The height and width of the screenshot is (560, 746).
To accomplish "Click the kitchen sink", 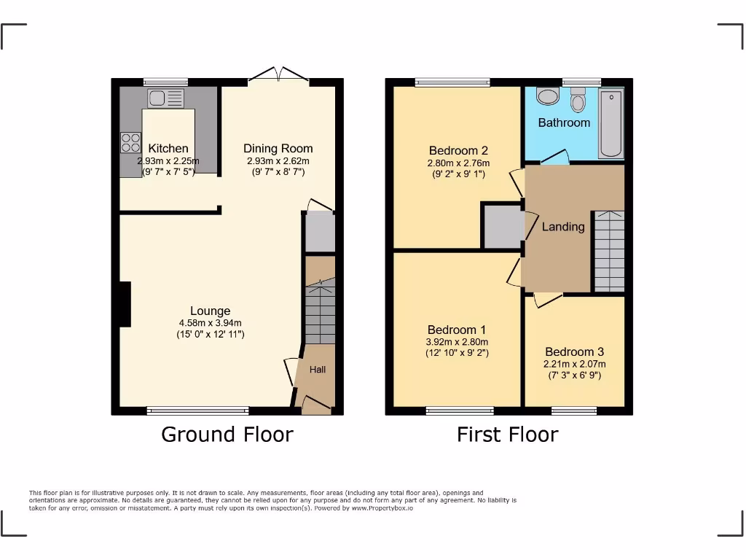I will click(x=165, y=98).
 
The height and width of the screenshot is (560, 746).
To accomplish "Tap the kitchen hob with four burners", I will click(x=130, y=142).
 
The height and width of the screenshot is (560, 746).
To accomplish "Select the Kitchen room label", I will click(x=168, y=149).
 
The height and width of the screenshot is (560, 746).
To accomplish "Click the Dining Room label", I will click(x=278, y=149).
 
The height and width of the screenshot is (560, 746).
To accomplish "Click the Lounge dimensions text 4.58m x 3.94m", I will click(x=211, y=323).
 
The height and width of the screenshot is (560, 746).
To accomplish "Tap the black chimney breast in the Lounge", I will click(x=125, y=304).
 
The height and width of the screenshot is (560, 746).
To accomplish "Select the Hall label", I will click(x=318, y=370).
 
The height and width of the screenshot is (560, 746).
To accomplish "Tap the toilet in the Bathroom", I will click(x=578, y=99).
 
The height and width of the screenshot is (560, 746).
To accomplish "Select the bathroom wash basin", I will click(x=547, y=96).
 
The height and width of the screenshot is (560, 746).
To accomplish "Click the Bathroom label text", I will click(x=564, y=122).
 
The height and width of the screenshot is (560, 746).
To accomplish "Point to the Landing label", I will click(x=563, y=227).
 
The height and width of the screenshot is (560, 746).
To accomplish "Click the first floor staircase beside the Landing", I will click(x=609, y=250).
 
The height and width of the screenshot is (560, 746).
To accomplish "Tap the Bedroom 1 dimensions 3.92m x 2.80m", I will click(x=458, y=341).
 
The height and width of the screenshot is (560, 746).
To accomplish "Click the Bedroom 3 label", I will click(x=574, y=351).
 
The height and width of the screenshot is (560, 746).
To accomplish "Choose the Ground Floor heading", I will click(x=227, y=435).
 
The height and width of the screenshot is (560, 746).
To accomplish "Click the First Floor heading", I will click(x=507, y=435).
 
